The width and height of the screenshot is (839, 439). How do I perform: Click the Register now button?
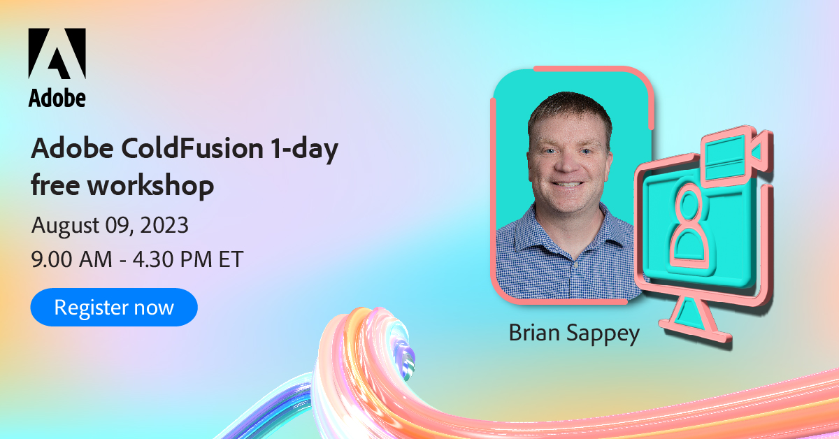click(114, 308)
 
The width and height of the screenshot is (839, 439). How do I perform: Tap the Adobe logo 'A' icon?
click(57, 54)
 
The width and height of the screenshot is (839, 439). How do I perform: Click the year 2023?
click(164, 226)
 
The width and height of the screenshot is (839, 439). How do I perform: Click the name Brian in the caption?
click(534, 333)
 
